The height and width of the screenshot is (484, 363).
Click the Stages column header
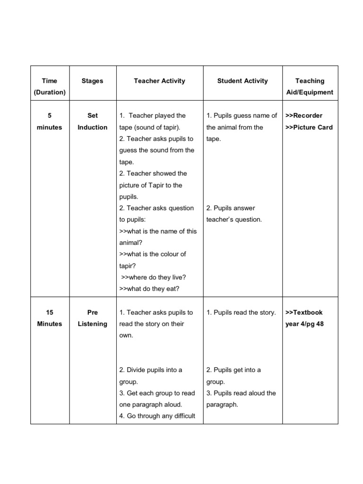[92, 81]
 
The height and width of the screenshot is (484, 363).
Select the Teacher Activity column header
[159, 81]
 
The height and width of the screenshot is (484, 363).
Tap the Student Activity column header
[242, 81]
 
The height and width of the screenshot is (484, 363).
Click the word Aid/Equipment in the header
[310, 92]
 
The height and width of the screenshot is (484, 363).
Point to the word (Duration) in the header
[50, 92]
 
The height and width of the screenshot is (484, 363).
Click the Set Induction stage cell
[93, 121]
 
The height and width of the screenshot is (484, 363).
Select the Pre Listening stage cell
[93, 318]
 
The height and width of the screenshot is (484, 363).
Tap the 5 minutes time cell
[50, 121]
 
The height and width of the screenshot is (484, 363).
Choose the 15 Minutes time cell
[50, 318]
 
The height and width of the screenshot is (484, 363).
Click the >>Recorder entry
[304, 115]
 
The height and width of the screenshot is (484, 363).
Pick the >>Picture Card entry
[309, 127]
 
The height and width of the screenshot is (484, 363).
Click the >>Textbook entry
[304, 312]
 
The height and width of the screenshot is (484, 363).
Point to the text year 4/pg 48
[304, 324]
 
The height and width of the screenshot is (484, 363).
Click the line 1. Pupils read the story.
[241, 312]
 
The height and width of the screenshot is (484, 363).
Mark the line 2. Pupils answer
[231, 208]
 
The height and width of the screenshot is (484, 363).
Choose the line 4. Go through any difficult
[157, 416]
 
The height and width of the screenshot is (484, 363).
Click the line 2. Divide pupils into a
[151, 370]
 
